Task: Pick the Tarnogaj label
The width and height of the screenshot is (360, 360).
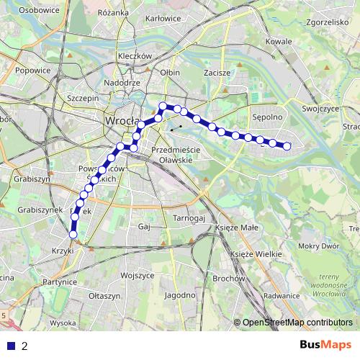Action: click(x=189, y=217)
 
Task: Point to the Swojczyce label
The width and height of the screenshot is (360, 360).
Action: click(x=320, y=108)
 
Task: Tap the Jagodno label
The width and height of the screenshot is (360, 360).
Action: click(x=180, y=295)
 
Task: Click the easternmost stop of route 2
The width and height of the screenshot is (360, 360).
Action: click(x=287, y=146)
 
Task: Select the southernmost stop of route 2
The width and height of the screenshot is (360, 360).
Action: click(x=73, y=234)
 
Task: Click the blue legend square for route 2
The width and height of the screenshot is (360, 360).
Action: click(x=11, y=346)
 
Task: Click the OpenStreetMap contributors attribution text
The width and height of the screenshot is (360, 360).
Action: click(x=297, y=323)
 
